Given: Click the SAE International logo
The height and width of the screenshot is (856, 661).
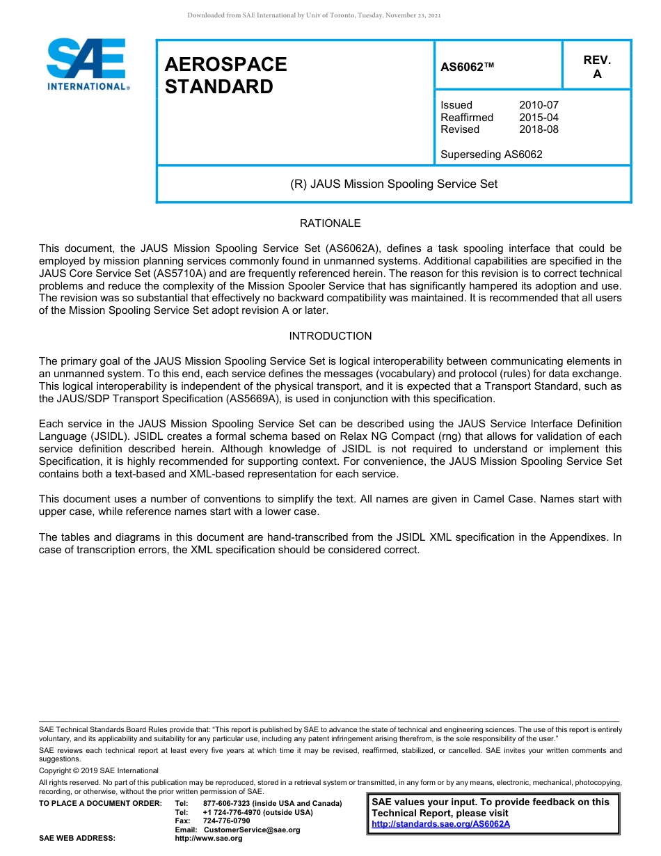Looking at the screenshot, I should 86,65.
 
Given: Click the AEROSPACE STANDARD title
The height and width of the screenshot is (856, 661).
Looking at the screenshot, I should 225,75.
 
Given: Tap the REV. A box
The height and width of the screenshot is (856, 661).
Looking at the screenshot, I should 596,67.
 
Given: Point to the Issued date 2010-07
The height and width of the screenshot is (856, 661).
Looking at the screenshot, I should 539,105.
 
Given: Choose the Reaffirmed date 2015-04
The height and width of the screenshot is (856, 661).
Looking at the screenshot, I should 539,118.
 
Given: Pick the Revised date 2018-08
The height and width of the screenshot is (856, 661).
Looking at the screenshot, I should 539,129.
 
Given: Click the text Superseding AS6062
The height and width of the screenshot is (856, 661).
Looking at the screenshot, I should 491,154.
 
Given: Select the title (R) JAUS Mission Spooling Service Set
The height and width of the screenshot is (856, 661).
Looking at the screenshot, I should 393,184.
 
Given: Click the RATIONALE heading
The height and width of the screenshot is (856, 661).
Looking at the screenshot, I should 330,223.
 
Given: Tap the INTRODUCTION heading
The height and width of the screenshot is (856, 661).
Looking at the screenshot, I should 330,336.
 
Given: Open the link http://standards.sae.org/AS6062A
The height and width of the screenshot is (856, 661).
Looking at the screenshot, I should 440,824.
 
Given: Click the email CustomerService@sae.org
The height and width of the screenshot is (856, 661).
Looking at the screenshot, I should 252,830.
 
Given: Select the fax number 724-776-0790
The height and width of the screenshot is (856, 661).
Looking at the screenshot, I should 226,821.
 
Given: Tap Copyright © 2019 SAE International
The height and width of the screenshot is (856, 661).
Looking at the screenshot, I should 99,770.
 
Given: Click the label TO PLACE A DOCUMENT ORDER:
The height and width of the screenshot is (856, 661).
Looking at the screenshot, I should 100,803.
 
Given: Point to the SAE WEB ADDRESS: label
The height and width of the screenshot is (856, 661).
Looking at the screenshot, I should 77,839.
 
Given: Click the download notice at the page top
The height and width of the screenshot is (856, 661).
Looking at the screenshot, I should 314,15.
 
